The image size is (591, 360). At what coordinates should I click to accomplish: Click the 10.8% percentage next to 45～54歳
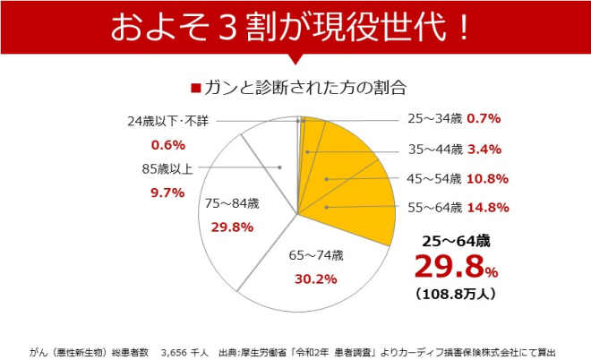[488, 178]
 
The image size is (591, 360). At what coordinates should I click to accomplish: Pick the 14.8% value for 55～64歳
[488, 208]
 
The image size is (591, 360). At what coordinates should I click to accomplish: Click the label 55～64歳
[434, 208]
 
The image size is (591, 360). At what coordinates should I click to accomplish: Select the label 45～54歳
[434, 178]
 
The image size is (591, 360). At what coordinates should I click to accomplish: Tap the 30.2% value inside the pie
[314, 279]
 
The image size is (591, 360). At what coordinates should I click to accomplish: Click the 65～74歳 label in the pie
[315, 255]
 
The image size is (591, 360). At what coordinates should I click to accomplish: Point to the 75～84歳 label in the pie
[232, 203]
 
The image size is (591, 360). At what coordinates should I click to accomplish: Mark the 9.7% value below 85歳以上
[168, 192]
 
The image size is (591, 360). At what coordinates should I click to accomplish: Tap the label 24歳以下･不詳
[168, 120]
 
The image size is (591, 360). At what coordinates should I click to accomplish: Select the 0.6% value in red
[168, 145]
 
